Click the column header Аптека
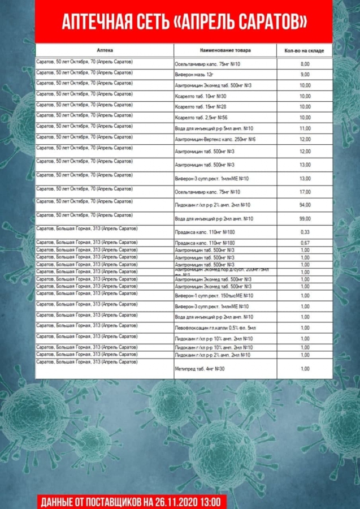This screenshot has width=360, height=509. point(105,50)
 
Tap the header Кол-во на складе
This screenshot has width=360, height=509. point(304,51)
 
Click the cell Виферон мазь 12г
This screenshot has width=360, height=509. point(193,75)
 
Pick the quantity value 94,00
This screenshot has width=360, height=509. point(305,205)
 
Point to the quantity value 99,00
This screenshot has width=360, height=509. point(305,219)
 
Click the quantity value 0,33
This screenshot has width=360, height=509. point(305,232)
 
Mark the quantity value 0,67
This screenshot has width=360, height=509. point(305,243)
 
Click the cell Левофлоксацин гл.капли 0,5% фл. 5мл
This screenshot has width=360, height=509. point(215,328)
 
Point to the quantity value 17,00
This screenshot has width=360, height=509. point(305,192)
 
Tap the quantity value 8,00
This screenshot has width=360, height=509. point(305,64)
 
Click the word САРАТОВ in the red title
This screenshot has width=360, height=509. point(271,22)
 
